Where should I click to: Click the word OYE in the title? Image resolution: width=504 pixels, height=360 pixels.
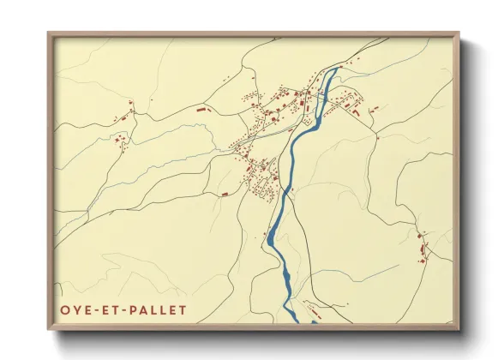click(75, 309)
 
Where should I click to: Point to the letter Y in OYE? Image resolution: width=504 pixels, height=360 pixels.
click(75, 309)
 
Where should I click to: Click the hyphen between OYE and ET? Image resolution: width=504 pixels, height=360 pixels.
click(94, 309)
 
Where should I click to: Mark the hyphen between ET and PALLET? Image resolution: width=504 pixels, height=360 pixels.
click(126, 309)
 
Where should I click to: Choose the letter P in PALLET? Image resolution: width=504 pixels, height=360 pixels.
click(135, 309)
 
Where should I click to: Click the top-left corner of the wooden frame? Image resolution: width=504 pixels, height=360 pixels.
click(49, 33)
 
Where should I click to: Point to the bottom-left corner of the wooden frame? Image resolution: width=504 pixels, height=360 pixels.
click(49, 328)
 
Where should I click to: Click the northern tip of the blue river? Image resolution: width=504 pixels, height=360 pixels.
click(339, 68)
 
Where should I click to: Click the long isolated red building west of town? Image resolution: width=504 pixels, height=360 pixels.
click(202, 111)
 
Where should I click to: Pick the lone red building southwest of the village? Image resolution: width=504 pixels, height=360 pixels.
click(225, 195)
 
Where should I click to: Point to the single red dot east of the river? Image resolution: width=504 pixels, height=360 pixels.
click(376, 135)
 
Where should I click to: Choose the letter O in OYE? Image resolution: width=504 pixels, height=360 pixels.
click(65, 309)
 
